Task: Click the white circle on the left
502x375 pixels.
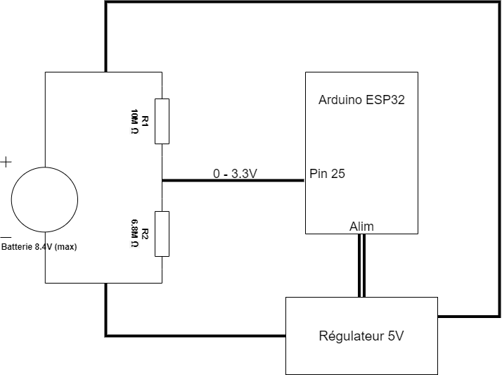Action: click(44, 200)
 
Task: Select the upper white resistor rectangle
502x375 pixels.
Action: click(162, 121)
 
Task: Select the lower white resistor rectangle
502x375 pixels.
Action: click(162, 234)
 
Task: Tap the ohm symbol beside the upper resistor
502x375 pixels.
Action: click(134, 131)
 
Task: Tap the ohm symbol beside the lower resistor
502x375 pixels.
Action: click(134, 244)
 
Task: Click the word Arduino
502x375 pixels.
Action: click(340, 100)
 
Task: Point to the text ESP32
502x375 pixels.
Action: click(385, 100)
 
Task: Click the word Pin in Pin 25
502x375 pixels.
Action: click(318, 174)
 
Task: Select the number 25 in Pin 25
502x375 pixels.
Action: click(337, 174)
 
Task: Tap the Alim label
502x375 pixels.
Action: click(361, 227)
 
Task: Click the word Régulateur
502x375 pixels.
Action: click(352, 336)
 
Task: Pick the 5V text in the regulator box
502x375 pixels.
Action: click(396, 336)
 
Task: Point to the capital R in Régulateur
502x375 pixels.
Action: click(323, 336)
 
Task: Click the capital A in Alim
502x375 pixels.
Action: click(354, 227)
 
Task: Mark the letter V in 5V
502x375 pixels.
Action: click(400, 336)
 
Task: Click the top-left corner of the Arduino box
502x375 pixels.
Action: click(306, 72)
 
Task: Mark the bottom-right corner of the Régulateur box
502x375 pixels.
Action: click(437, 374)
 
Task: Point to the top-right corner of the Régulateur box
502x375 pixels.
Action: click(437, 298)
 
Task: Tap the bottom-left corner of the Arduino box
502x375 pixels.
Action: click(306, 233)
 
